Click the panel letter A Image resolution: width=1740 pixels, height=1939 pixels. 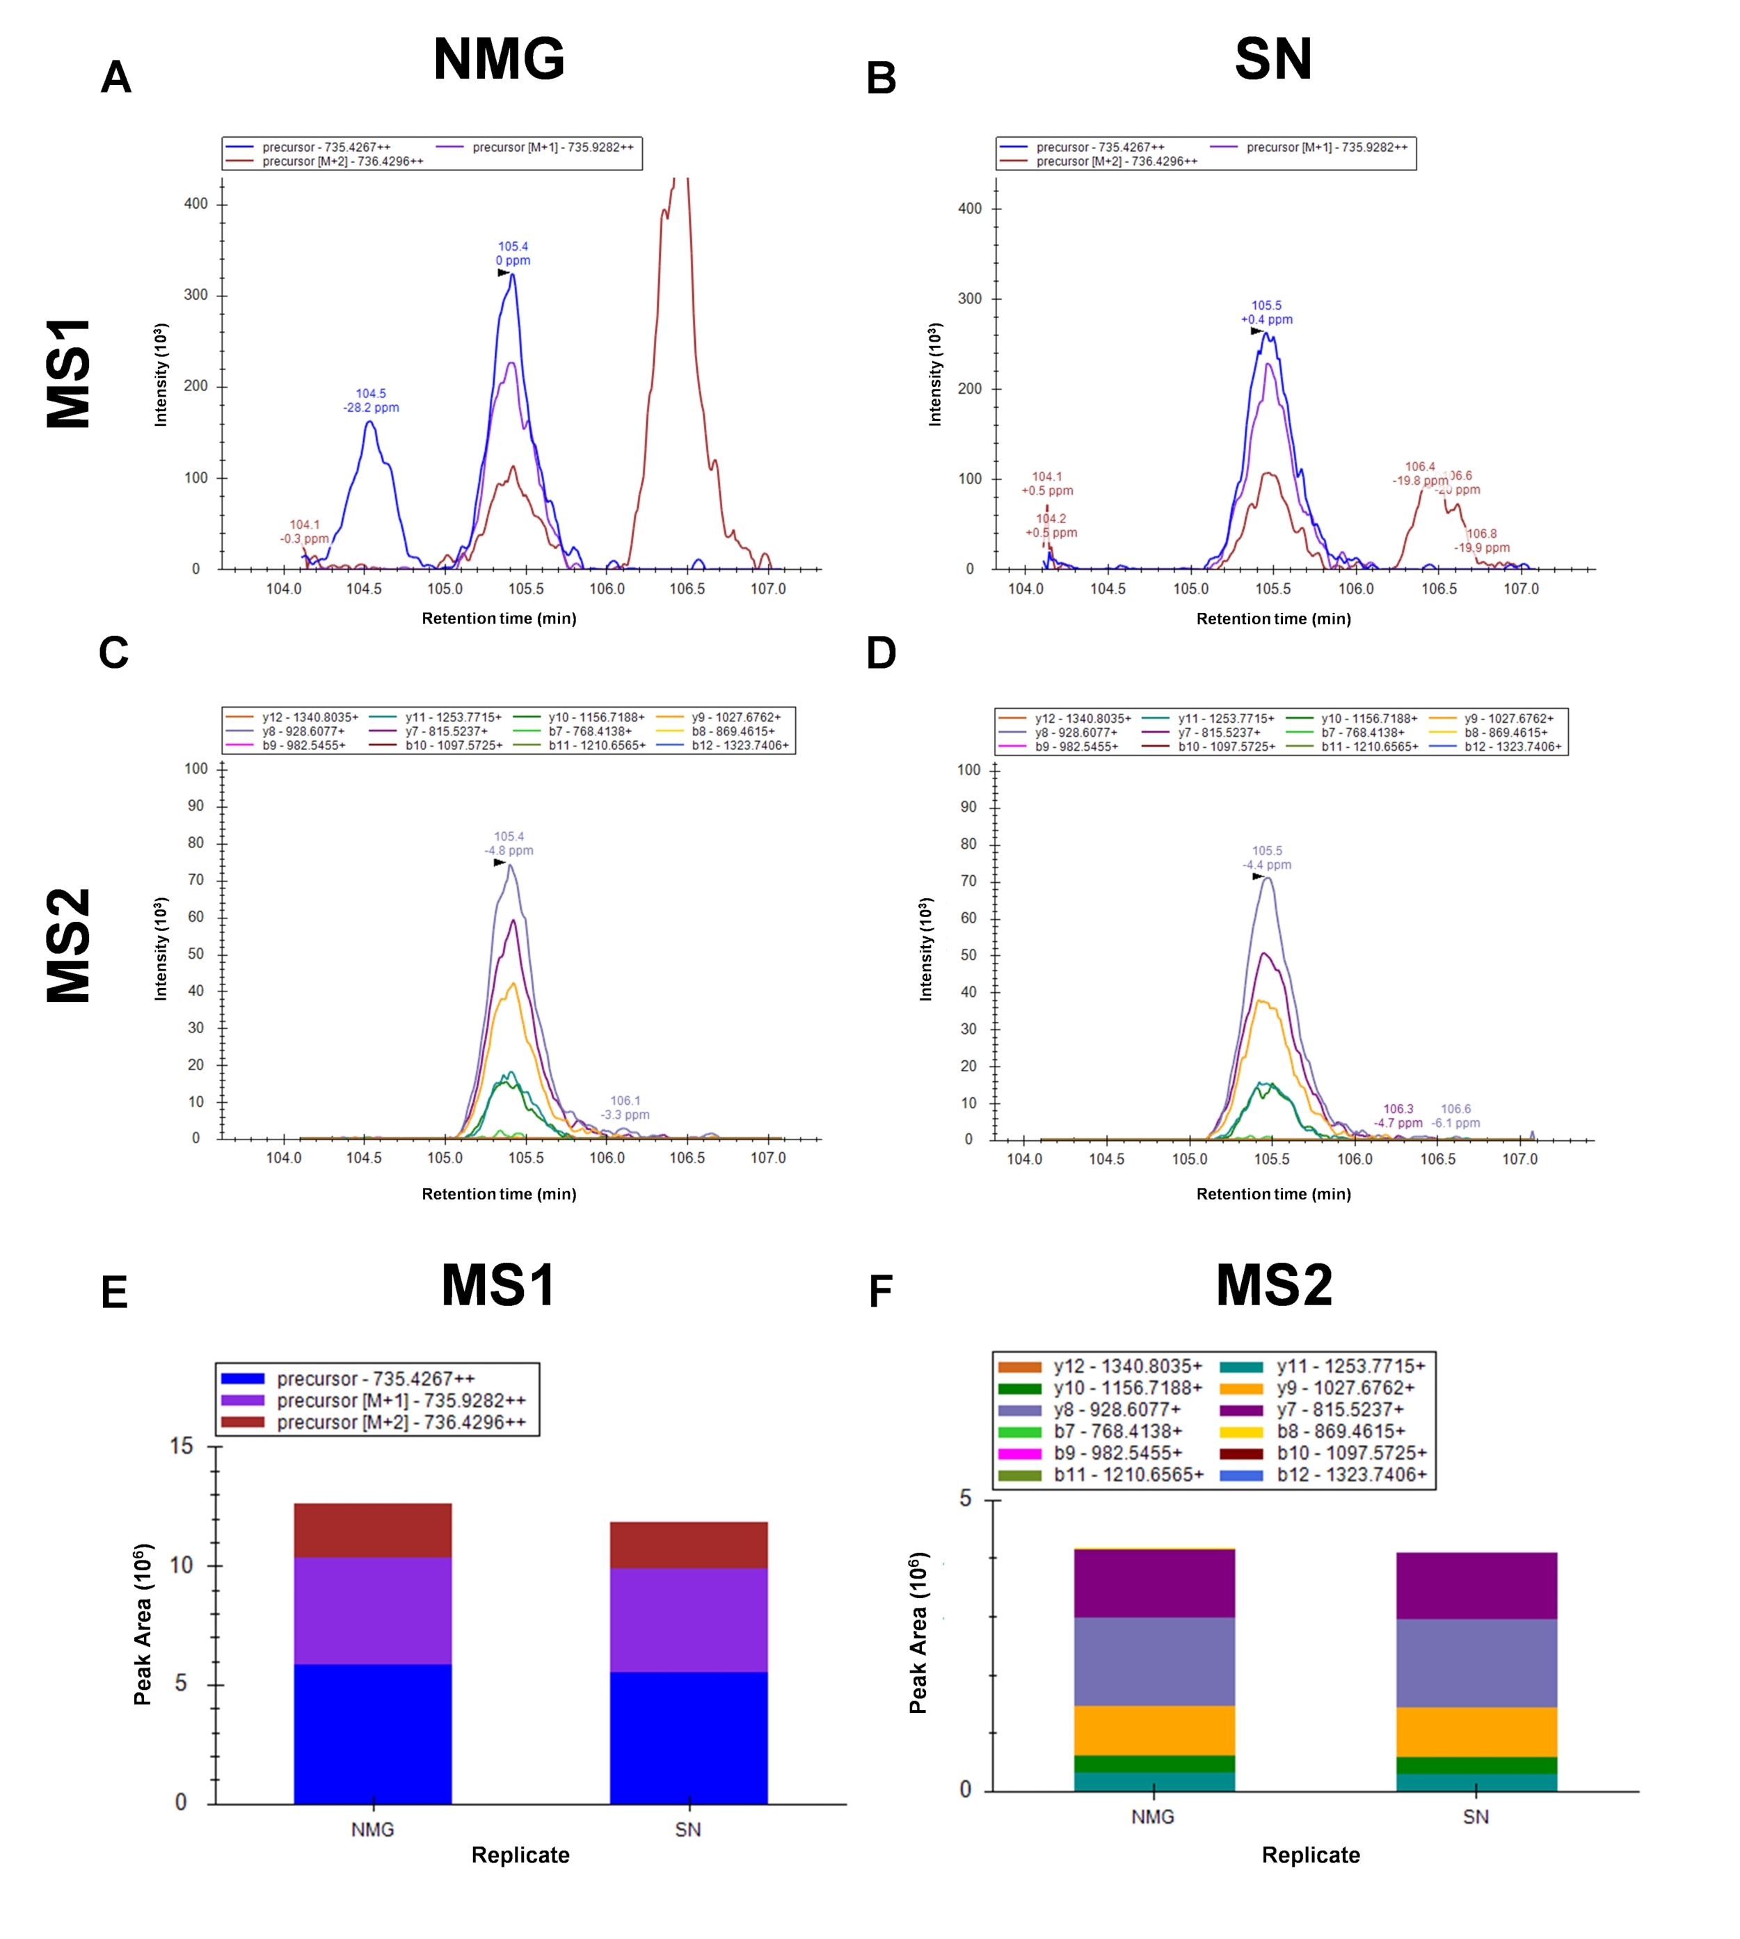click(x=115, y=77)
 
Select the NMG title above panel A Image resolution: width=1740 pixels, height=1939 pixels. click(x=498, y=58)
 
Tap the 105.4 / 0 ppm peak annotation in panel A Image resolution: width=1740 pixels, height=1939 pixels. click(x=513, y=253)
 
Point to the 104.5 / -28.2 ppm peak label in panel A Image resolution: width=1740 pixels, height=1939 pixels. click(x=371, y=401)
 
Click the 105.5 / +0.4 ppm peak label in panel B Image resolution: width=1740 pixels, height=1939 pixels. click(x=1267, y=312)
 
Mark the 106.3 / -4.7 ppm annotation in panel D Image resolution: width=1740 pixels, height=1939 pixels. click(x=1398, y=1116)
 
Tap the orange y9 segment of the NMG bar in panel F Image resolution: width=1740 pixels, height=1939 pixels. click(x=1154, y=1730)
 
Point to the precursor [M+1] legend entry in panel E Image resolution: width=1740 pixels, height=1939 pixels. click(x=374, y=1400)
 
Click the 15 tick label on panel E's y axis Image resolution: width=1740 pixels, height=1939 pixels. click(x=182, y=1446)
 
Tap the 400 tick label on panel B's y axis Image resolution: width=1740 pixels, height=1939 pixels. click(x=969, y=209)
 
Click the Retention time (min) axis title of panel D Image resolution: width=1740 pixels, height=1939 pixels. click(x=1273, y=1194)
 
